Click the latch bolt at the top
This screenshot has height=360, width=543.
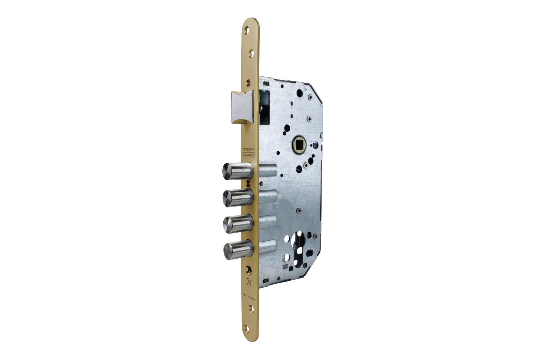pyautogui.click(x=242, y=107)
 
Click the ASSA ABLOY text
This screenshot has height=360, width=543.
pyautogui.click(x=248, y=156)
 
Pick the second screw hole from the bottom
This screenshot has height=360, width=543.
pyautogui.click(x=251, y=309)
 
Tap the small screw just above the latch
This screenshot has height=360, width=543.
pyautogui.click(x=248, y=83)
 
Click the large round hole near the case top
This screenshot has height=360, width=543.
pyautogui.click(x=299, y=93)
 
